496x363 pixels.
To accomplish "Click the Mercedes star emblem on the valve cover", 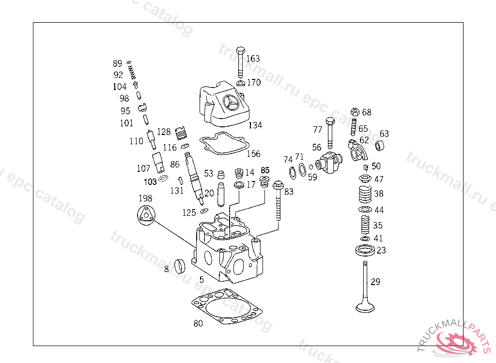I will [x=232, y=102].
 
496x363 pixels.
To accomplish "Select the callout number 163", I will [x=253, y=59].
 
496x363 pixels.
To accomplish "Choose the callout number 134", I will [x=255, y=125].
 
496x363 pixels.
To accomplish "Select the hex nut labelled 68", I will [x=354, y=112].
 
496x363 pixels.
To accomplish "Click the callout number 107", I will [x=143, y=168].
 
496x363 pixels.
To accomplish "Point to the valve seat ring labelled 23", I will [x=365, y=250].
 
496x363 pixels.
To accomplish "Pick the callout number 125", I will [x=189, y=212].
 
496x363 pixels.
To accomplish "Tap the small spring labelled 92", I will [x=132, y=74].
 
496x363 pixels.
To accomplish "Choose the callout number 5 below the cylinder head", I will [x=201, y=280].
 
